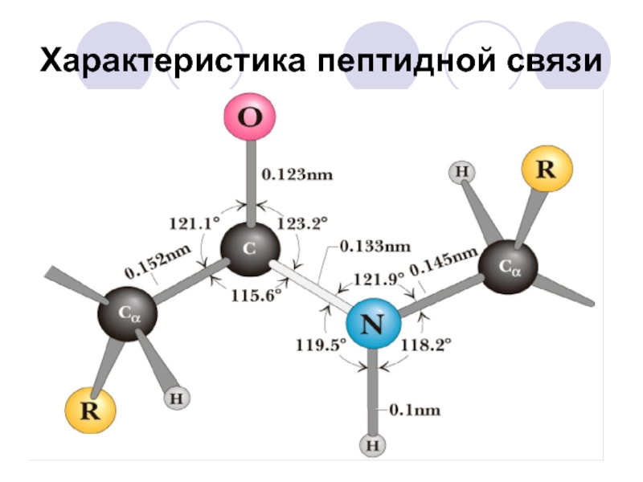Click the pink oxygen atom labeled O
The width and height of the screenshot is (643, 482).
[x=250, y=119]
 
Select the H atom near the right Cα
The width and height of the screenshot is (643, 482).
[x=461, y=171]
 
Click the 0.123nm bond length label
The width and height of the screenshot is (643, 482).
[x=297, y=174]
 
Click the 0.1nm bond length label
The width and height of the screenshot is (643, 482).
[x=415, y=410]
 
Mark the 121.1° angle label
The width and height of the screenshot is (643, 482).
[x=194, y=223]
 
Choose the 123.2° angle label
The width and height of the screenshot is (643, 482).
[x=301, y=223]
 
